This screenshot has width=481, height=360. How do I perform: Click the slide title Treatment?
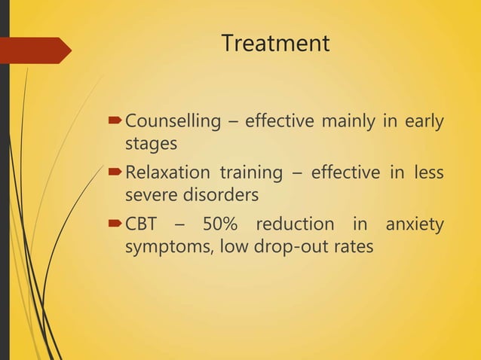(x=275, y=44)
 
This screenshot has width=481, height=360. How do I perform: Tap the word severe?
(x=151, y=195)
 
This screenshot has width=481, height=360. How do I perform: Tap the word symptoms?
(x=164, y=247)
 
